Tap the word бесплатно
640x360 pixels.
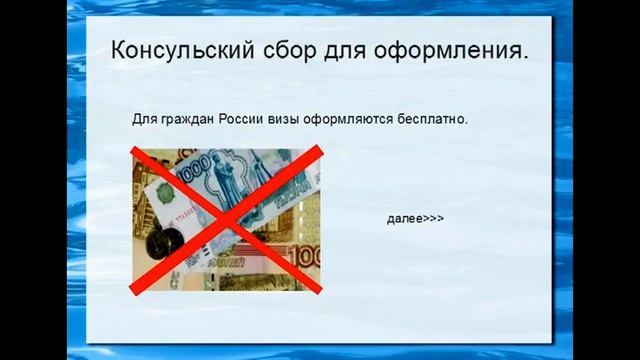coord(432,119)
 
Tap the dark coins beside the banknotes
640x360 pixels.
coord(161,241)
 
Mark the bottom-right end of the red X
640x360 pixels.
coord(319,291)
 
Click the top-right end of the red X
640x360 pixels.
coord(319,149)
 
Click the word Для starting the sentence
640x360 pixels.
coord(145,119)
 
